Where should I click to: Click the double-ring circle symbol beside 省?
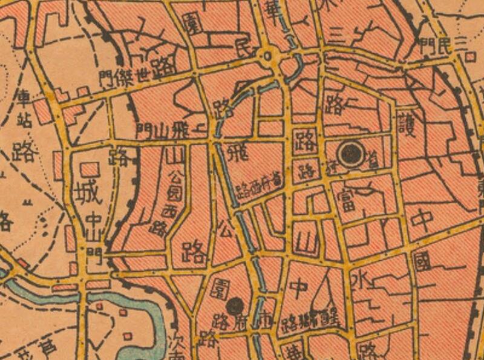coord(350,154)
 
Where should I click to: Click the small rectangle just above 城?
coord(90,168)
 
